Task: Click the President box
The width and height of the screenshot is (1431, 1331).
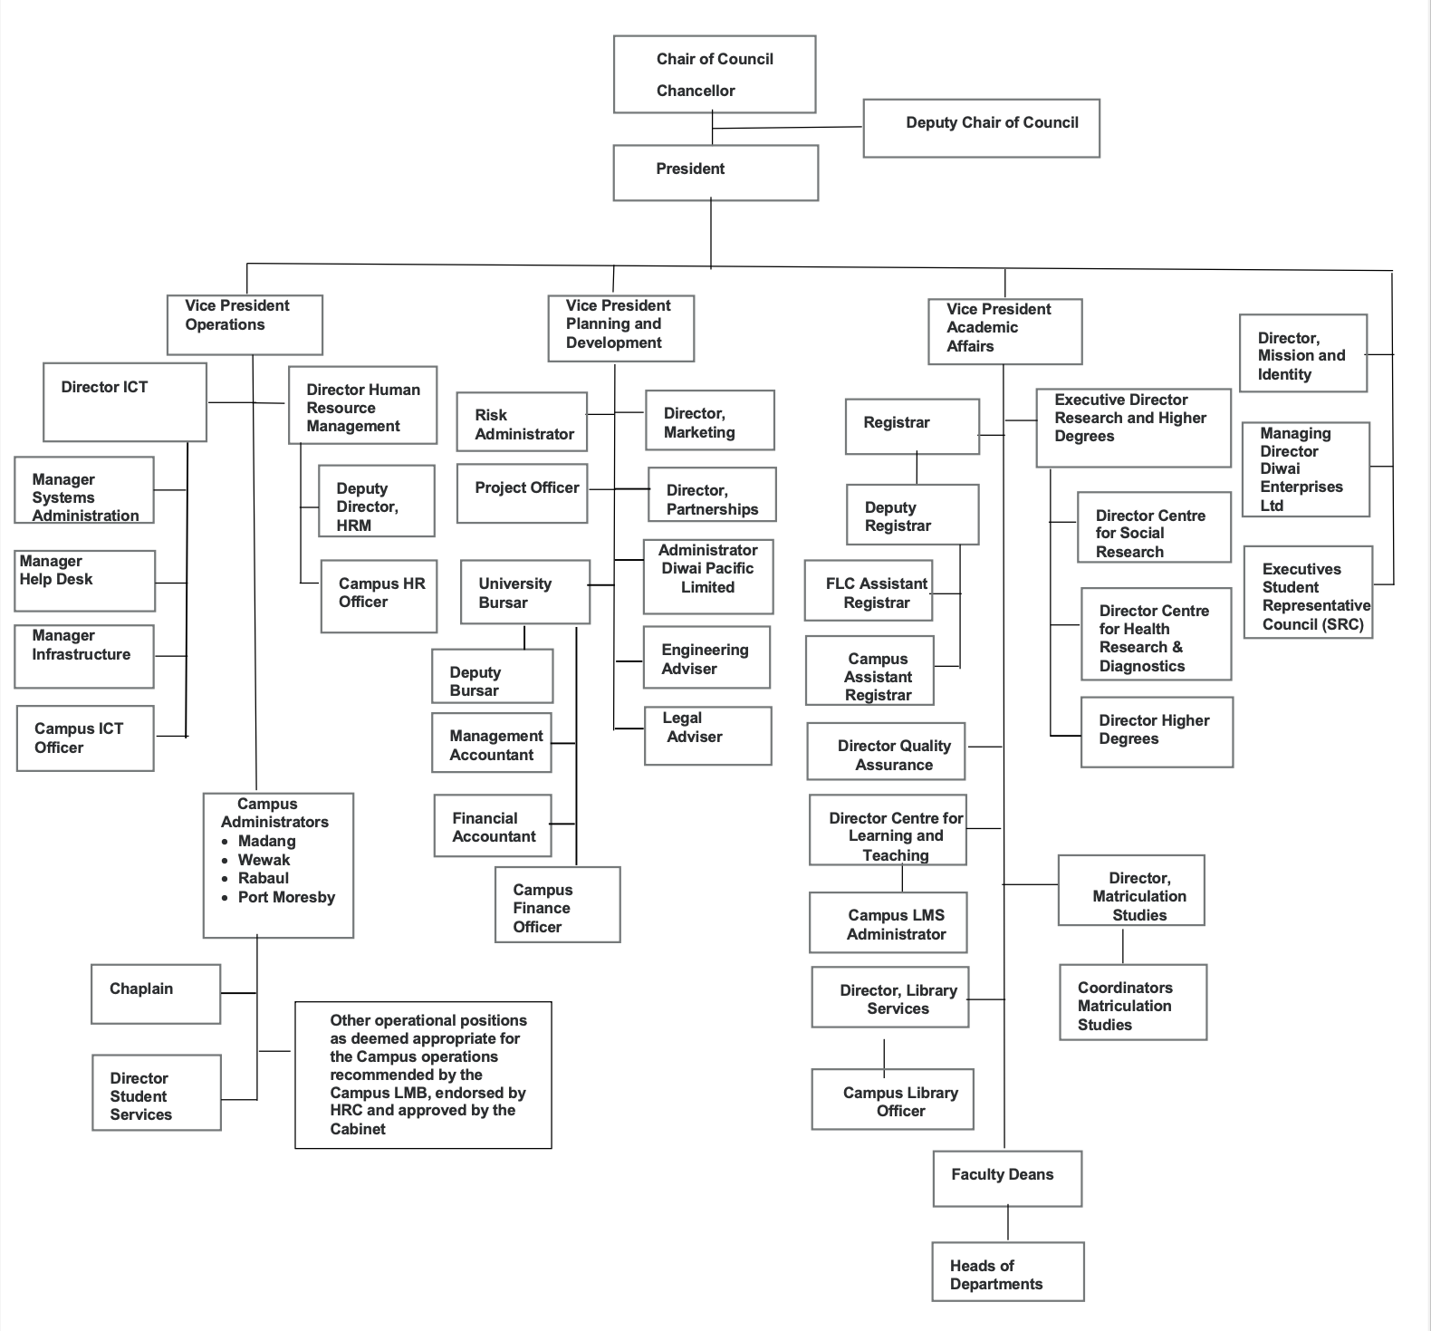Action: coord(715,173)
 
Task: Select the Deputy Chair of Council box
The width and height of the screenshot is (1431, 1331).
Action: coord(981,129)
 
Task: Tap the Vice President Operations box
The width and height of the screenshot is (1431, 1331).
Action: coord(245,324)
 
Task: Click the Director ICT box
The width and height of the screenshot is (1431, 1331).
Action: coord(125,402)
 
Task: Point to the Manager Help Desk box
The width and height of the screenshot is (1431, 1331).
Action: coord(84,581)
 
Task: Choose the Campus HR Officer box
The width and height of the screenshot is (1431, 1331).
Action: coord(379,596)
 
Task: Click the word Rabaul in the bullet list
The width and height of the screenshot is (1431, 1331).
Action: coord(264,878)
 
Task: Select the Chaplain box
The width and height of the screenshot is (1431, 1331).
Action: coord(156,994)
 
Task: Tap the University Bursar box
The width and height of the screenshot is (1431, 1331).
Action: coord(524,593)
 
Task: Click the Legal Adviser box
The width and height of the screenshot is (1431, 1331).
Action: coord(707,736)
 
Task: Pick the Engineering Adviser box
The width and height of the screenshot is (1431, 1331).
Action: coord(706,658)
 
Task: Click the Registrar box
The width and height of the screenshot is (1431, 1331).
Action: coord(912,426)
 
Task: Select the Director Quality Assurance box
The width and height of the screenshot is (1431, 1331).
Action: coord(886,752)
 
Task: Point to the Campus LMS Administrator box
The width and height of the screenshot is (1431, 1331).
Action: coord(888,923)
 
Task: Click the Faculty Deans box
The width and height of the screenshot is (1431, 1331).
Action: coord(1007,1178)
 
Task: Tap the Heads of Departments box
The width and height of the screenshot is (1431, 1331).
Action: coord(1007,1272)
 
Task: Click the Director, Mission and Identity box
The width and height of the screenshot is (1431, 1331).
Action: coord(1302,353)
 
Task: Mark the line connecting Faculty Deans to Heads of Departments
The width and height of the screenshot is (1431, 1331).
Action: coord(1008,1224)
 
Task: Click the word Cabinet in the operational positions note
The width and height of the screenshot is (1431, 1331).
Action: coord(358,1129)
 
